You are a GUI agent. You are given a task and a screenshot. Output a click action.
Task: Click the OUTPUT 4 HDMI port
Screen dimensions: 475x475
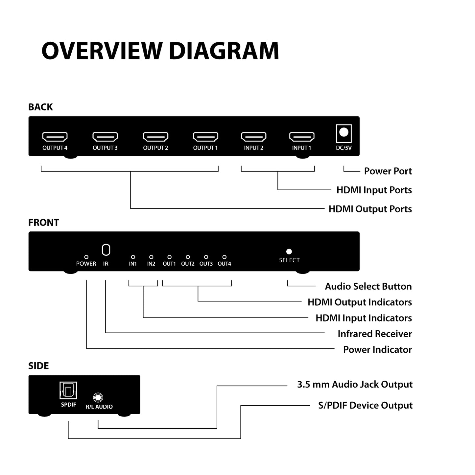pyautogui.click(x=55, y=136)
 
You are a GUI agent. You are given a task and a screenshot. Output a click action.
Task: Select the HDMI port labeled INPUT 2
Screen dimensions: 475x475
pyautogui.click(x=254, y=136)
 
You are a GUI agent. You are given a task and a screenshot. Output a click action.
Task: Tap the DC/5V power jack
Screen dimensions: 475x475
pyautogui.click(x=344, y=133)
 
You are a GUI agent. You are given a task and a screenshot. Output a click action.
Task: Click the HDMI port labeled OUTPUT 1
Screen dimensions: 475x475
pyautogui.click(x=205, y=136)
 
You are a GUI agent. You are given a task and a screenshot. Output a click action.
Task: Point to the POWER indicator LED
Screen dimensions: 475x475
pyautogui.click(x=86, y=257)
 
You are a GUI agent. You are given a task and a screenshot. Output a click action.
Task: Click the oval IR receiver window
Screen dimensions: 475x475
pyautogui.click(x=106, y=250)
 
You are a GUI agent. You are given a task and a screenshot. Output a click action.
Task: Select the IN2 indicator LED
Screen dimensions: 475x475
pyautogui.click(x=151, y=257)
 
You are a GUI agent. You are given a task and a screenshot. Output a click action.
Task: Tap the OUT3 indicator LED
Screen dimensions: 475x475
pyautogui.click(x=206, y=257)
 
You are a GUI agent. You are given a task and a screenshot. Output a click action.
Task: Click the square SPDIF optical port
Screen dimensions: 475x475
pyautogui.click(x=68, y=390)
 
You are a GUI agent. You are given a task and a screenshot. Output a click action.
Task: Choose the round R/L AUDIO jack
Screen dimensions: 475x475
pyautogui.click(x=98, y=397)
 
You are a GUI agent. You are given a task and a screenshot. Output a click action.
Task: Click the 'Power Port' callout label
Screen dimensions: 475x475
pyautogui.click(x=388, y=171)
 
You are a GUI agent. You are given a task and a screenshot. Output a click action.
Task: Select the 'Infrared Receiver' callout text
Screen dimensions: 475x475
pyautogui.click(x=375, y=334)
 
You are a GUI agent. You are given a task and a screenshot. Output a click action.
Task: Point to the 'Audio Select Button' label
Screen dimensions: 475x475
pyautogui.click(x=368, y=287)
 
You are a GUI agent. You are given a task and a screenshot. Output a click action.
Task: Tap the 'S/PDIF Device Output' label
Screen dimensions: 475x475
pyautogui.click(x=365, y=406)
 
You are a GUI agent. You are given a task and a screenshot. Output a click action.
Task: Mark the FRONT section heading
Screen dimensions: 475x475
pyautogui.click(x=43, y=223)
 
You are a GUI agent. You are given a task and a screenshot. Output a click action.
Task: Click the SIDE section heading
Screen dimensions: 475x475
pyautogui.click(x=38, y=366)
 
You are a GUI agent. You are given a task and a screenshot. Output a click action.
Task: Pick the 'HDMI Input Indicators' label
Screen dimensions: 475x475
pyautogui.click(x=364, y=318)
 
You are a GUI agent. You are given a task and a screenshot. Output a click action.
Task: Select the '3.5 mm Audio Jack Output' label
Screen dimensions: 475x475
pyautogui.click(x=355, y=385)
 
